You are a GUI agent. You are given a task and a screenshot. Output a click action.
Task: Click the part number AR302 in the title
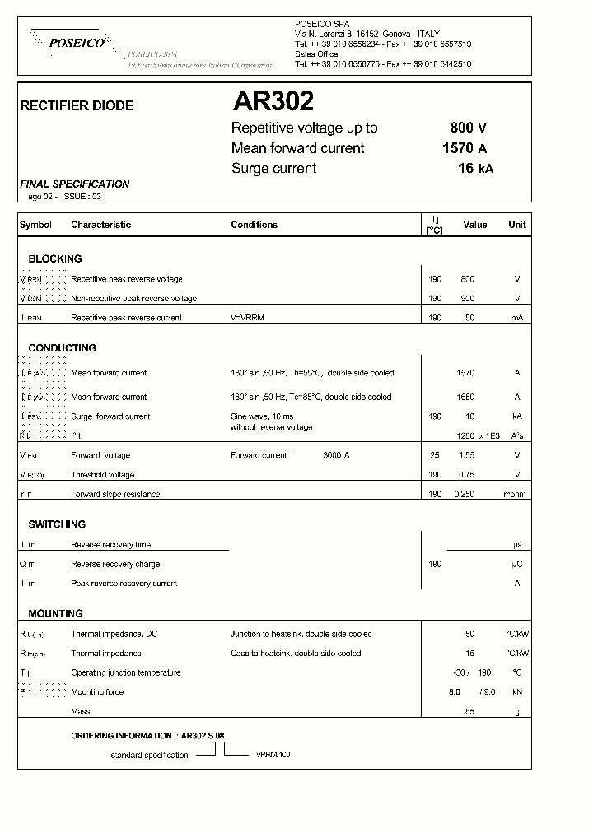tap(273, 101)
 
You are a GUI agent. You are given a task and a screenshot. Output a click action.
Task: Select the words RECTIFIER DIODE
tap(77, 106)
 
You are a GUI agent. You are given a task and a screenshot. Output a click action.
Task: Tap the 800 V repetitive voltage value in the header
tap(468, 128)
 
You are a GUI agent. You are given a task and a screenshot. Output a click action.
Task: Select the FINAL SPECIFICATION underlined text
tap(74, 184)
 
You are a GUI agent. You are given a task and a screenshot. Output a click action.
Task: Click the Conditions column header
tap(254, 225)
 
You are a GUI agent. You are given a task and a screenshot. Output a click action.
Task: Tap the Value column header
tap(474, 225)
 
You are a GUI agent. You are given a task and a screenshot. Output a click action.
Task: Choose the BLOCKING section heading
tap(55, 258)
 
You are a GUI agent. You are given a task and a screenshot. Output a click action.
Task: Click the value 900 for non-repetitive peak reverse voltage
tap(467, 298)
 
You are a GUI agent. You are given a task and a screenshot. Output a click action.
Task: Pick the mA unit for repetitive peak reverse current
tap(517, 318)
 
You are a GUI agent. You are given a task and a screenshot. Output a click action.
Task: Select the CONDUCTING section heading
tap(62, 348)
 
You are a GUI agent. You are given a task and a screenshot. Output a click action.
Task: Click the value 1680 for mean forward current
tap(465, 397)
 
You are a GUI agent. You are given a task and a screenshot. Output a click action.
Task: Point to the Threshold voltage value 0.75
tap(466, 475)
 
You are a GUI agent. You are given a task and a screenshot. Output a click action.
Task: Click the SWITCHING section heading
tap(57, 524)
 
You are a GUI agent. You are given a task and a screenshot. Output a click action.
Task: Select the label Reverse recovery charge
tap(115, 565)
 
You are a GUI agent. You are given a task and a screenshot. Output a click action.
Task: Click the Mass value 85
tap(469, 711)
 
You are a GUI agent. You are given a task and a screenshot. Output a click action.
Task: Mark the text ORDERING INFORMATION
tap(122, 735)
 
